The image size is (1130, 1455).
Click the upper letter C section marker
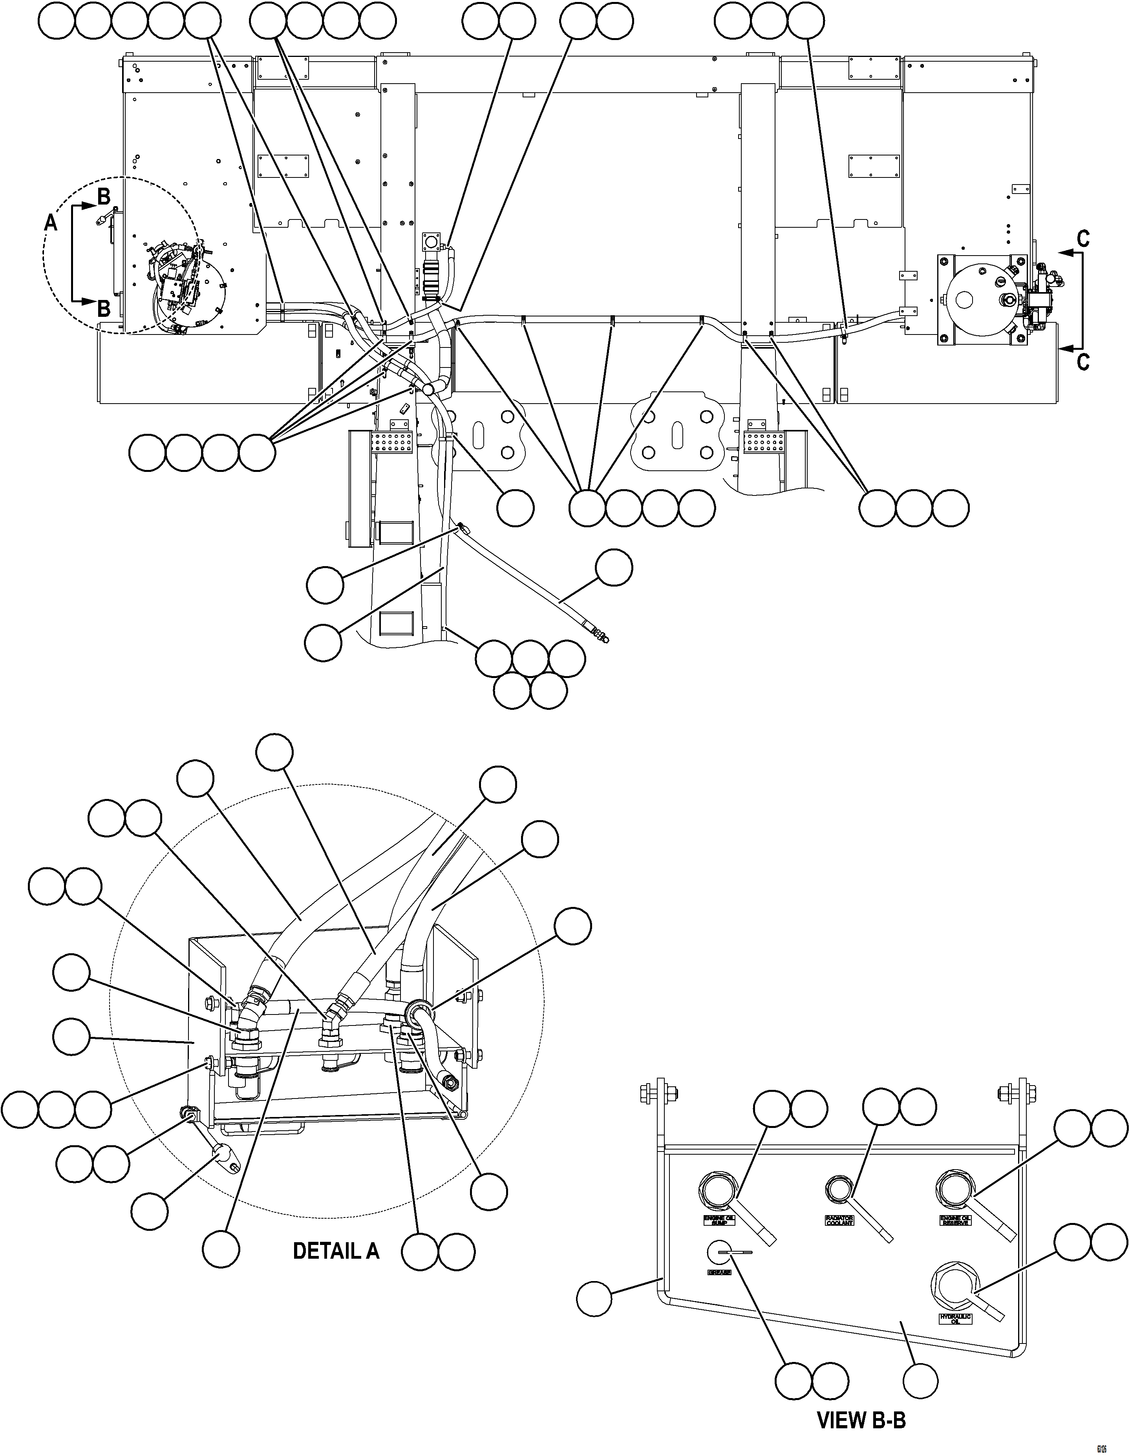coord(1083,238)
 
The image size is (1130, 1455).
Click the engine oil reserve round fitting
coord(955,1188)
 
